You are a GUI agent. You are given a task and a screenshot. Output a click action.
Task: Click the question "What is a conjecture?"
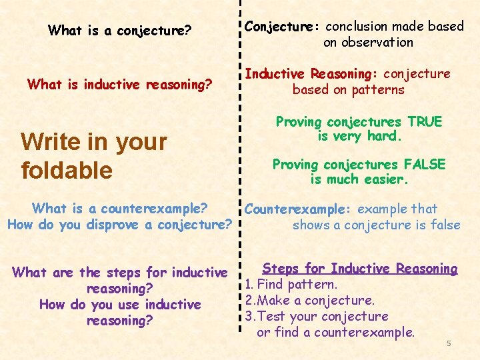click(120, 31)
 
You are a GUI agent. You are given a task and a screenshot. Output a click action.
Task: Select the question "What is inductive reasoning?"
click(119, 84)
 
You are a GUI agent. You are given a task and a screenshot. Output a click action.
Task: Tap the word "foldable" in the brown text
click(67, 170)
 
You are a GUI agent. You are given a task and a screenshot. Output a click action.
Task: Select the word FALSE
click(423, 165)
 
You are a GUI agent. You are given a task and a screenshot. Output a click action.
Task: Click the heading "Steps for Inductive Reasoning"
click(360, 269)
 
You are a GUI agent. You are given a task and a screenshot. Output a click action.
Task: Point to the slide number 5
click(449, 343)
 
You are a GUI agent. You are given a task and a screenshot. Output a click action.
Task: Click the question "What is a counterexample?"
click(120, 209)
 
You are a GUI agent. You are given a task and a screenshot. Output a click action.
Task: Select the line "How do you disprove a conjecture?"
click(119, 225)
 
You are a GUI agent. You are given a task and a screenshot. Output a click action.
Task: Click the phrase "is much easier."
click(359, 180)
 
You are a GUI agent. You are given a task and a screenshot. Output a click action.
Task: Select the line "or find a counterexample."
click(335, 331)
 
